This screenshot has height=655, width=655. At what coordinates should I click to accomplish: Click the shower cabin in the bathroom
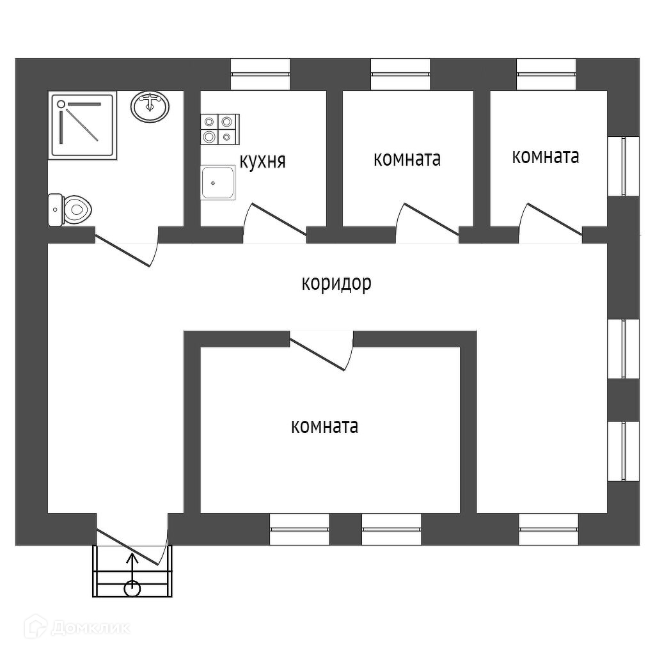[84, 125]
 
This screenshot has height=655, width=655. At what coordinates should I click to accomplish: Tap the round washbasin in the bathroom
[150, 106]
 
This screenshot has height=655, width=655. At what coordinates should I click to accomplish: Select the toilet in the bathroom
[72, 209]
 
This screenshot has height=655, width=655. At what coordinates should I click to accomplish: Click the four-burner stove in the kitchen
[219, 128]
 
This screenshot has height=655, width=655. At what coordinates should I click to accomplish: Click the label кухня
[262, 161]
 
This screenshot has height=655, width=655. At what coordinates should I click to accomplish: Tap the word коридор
[336, 283]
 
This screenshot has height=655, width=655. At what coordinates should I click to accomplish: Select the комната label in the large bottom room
[324, 426]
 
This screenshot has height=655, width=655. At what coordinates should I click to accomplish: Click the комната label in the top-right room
[546, 156]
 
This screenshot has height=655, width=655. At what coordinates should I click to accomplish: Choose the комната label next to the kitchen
[407, 159]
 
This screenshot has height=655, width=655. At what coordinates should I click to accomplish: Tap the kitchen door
[276, 221]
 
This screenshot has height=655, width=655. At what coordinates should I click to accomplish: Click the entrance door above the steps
[131, 544]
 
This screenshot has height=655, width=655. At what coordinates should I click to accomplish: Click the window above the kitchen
[260, 74]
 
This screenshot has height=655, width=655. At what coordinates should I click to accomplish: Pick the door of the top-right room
[551, 221]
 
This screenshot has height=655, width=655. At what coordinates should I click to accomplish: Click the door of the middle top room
[428, 221]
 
